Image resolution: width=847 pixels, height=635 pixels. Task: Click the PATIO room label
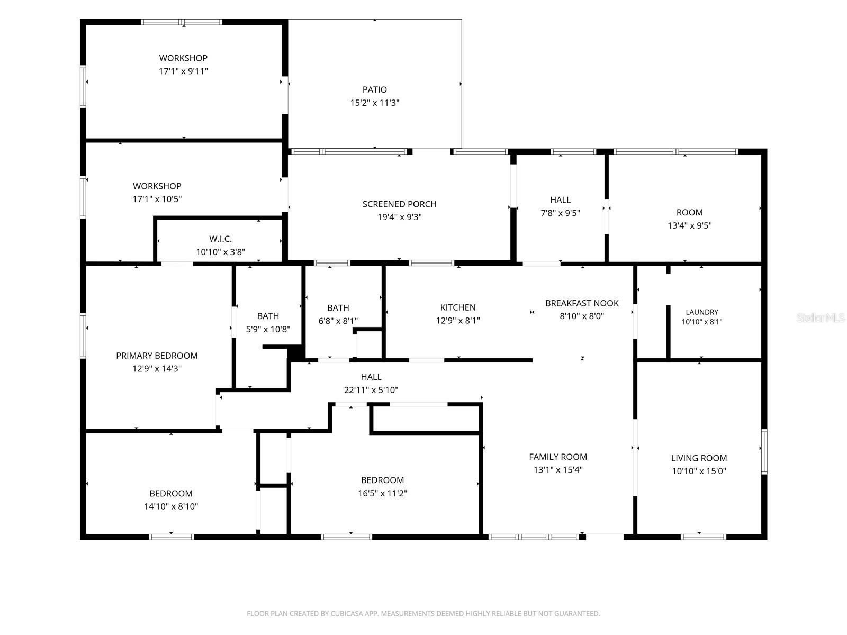[374, 89]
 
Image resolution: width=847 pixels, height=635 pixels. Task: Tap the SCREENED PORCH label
[399, 204]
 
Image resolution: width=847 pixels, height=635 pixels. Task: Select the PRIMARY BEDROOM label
[157, 356]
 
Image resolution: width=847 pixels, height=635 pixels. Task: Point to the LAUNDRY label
[702, 312]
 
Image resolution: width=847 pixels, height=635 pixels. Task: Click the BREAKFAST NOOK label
[582, 303]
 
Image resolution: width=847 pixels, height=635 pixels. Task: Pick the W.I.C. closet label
[220, 239]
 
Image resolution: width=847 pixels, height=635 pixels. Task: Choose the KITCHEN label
[458, 307]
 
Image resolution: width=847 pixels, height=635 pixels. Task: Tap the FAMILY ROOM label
[558, 457]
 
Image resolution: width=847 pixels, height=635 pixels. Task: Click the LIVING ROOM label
[699, 458]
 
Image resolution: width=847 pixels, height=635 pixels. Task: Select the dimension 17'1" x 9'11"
[183, 71]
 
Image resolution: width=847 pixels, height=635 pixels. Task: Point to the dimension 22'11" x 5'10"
[371, 390]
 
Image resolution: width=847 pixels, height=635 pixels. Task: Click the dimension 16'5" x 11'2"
[382, 493]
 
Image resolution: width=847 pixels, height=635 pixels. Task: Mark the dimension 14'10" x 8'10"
[171, 506]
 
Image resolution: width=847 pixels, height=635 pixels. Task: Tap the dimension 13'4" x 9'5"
[690, 225]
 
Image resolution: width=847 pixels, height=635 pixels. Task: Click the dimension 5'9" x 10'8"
[268, 329]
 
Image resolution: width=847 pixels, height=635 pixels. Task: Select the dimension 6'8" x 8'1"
[338, 321]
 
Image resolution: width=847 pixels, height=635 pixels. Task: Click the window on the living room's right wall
[764, 451]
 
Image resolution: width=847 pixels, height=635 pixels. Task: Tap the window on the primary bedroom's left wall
[83, 336]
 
